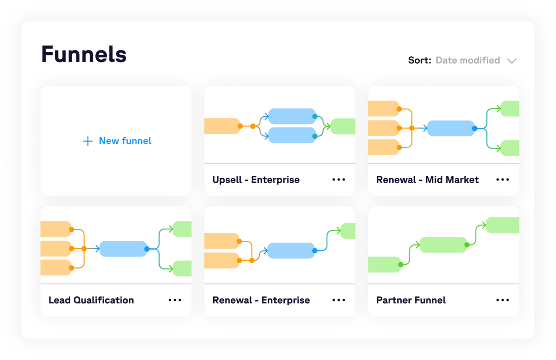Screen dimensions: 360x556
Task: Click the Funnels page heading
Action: pyautogui.click(x=84, y=54)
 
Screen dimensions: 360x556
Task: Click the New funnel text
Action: pyautogui.click(x=125, y=141)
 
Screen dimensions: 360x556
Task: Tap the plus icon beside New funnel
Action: pyautogui.click(x=88, y=141)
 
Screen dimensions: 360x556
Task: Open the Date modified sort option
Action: pyautogui.click(x=468, y=60)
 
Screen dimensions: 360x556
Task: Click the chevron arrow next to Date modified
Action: pyautogui.click(x=511, y=61)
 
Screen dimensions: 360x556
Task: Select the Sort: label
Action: pyautogui.click(x=420, y=60)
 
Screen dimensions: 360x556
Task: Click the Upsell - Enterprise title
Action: pyautogui.click(x=256, y=180)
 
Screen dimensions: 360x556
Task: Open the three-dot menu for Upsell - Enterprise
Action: pyautogui.click(x=339, y=180)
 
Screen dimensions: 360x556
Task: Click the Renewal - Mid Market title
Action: pyautogui.click(x=427, y=180)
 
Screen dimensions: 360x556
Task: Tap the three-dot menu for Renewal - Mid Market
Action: pyautogui.click(x=502, y=180)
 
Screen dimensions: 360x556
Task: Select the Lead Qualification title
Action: pyautogui.click(x=91, y=300)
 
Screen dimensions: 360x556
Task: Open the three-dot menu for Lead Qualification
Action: pyautogui.click(x=175, y=300)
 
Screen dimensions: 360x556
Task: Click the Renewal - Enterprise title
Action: pyautogui.click(x=261, y=300)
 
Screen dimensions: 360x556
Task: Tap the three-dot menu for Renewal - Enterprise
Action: pyautogui.click(x=339, y=300)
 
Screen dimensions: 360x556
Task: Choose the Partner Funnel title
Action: pyautogui.click(x=411, y=300)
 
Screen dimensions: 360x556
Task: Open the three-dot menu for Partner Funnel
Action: pyautogui.click(x=502, y=300)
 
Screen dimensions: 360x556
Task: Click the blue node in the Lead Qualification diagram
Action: pyautogui.click(x=123, y=249)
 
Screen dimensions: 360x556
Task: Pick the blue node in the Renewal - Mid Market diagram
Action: pyautogui.click(x=450, y=128)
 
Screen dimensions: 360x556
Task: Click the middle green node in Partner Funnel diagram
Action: pyautogui.click(x=443, y=245)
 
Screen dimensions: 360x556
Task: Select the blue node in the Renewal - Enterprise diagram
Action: pyautogui.click(x=291, y=251)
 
